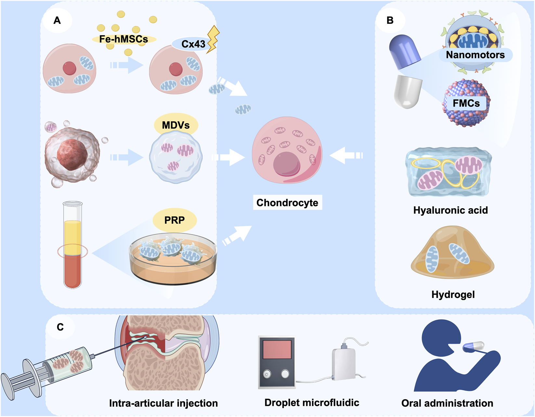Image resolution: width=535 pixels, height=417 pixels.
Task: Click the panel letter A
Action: tap(57, 20)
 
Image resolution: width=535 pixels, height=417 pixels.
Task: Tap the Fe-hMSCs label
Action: tap(124, 39)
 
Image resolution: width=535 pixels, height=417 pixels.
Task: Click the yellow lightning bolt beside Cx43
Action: tap(213, 39)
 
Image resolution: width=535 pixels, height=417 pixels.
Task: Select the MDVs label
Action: tap(176, 125)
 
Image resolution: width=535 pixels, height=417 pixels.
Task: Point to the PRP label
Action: tap(175, 220)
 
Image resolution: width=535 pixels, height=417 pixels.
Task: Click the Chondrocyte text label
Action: tap(287, 203)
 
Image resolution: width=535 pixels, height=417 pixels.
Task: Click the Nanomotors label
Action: tap(475, 55)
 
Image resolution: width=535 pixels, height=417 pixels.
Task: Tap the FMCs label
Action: tap(466, 103)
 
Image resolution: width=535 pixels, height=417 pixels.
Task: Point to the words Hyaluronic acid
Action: tap(450, 210)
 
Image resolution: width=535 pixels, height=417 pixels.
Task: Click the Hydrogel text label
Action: tap(453, 294)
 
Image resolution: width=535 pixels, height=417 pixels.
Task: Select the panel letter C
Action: tap(60, 327)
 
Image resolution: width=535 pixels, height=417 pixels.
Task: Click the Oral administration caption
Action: tap(447, 403)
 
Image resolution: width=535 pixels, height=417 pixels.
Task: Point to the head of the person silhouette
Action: tap(440, 338)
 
